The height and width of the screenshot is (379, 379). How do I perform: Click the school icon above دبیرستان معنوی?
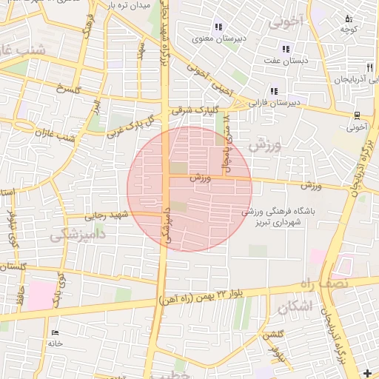pyautogui.click(x=218, y=27)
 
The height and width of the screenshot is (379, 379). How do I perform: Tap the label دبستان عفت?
pyautogui.click(x=284, y=62)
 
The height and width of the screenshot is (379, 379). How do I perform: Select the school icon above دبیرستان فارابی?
pyautogui.click(x=274, y=91)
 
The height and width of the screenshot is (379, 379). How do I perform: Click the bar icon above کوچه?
pyautogui.click(x=349, y=19)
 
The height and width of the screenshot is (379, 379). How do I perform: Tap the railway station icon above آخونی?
pyautogui.click(x=357, y=115)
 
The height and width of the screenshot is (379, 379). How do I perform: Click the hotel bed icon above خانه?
pyautogui.click(x=56, y=332)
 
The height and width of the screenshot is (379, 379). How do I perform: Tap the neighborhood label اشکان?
pyautogui.click(x=294, y=305)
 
